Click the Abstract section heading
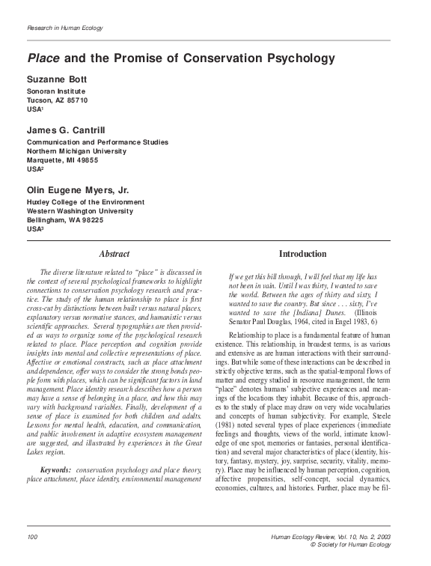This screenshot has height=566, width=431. tap(114, 255)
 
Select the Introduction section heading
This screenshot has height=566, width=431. tap(302, 255)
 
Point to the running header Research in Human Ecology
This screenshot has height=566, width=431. tap(64, 28)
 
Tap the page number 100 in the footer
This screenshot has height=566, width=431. tap(32, 538)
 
